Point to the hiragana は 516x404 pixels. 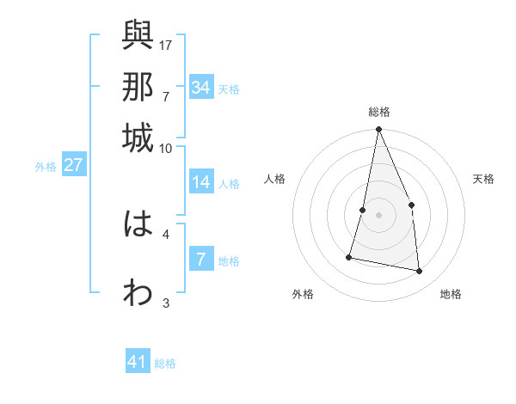138,224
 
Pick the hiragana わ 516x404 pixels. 138,293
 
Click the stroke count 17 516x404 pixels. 166,44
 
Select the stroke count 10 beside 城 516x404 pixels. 166,148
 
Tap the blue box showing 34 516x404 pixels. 201,88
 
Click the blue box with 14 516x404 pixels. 201,182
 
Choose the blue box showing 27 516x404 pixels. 73,165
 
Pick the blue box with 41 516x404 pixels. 138,362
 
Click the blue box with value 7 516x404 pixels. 201,259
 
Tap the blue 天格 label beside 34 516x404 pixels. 229,89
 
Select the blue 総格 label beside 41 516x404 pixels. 165,364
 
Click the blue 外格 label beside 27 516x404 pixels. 46,167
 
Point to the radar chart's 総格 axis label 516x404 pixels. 379,112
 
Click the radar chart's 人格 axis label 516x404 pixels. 275,179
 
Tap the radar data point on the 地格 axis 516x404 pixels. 420,271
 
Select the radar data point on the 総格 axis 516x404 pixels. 378,130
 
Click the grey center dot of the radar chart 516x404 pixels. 378,215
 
